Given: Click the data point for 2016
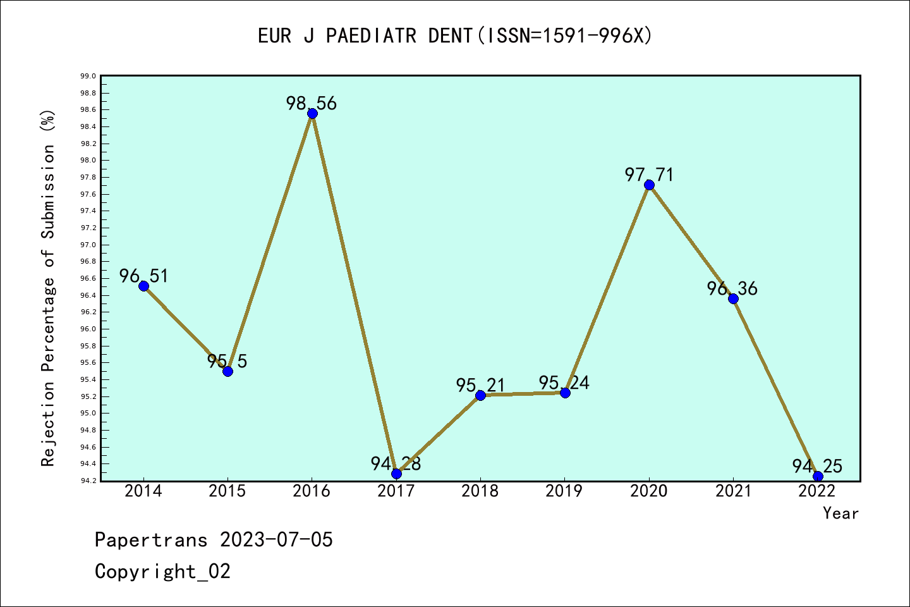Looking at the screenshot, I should pyautogui.click(x=312, y=114).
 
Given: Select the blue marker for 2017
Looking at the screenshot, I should pyautogui.click(x=396, y=474).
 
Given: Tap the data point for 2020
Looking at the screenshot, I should pyautogui.click(x=649, y=185).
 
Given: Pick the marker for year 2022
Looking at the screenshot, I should pyautogui.click(x=818, y=476).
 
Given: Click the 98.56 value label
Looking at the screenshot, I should pyautogui.click(x=312, y=103).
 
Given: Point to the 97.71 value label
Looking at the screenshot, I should pyautogui.click(x=649, y=175).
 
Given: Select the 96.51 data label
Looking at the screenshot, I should pyautogui.click(x=144, y=276).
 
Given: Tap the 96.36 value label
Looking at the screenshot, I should pyautogui.click(x=732, y=288).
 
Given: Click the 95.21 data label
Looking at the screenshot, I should pyautogui.click(x=481, y=385).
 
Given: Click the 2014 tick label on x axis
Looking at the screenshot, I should pyautogui.click(x=143, y=491).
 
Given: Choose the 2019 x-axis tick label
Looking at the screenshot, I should pyautogui.click(x=564, y=491).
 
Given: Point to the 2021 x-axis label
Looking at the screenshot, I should pyautogui.click(x=733, y=491).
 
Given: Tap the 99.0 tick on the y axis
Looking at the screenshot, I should pyautogui.click(x=88, y=77).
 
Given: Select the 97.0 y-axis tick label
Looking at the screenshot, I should pyautogui.click(x=88, y=245).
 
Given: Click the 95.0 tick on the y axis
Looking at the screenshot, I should pyautogui.click(x=88, y=414).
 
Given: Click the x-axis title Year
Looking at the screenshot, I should pyautogui.click(x=840, y=513).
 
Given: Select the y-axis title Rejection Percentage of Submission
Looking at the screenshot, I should pyautogui.click(x=49, y=288).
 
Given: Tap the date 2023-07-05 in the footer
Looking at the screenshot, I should pyautogui.click(x=276, y=540).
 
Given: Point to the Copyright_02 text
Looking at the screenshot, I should pyautogui.click(x=162, y=572).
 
